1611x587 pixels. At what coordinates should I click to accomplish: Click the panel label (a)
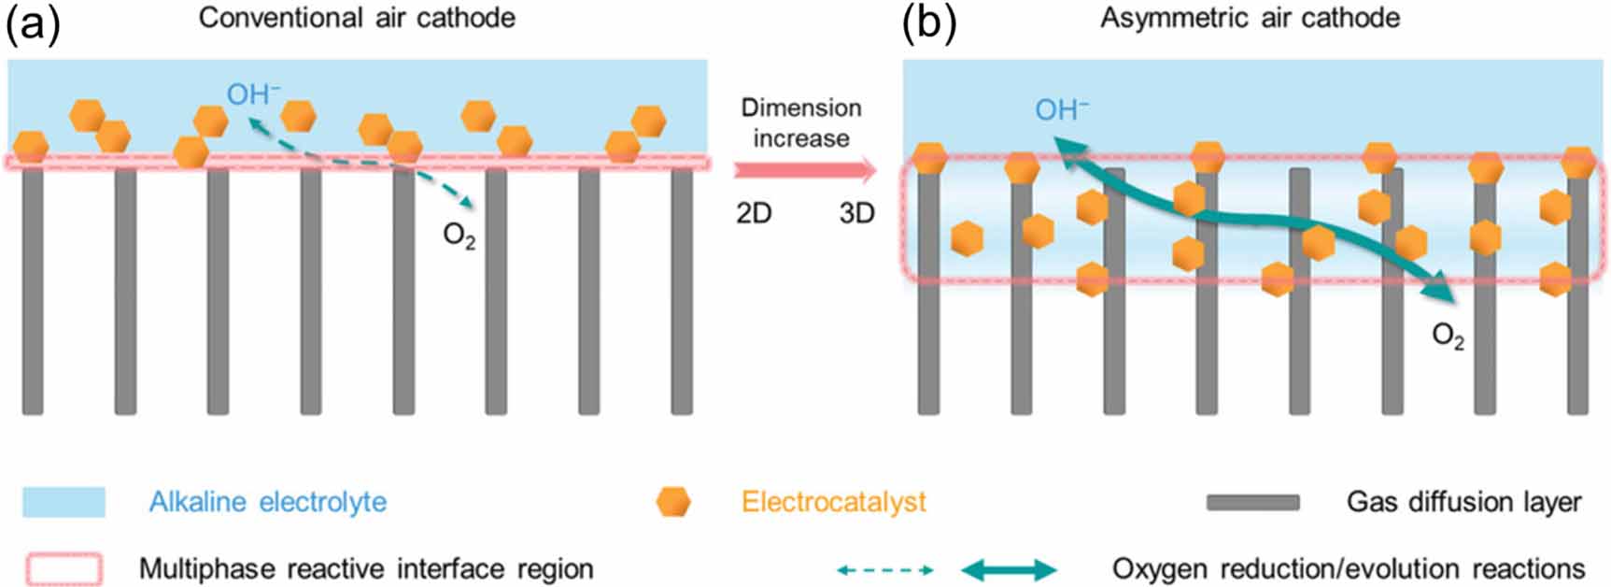pos(32,23)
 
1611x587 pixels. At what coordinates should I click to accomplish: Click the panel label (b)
pos(928,23)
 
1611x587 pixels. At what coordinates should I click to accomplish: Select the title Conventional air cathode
pos(357,18)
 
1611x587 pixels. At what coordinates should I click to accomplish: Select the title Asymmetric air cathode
pos(1250,18)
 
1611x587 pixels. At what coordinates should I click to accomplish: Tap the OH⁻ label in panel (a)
pos(253,93)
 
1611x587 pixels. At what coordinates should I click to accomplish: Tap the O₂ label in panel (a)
pos(459,236)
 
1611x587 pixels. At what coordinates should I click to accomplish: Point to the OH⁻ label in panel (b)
pos(1061,110)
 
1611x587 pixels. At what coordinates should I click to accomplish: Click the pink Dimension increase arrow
pos(804,170)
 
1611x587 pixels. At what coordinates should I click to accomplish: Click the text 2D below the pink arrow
pos(754,213)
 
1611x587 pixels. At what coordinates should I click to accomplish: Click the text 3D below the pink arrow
pos(855,213)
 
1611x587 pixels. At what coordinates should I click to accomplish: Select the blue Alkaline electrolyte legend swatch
pos(64,502)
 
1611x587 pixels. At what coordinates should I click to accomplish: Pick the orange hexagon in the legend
pos(672,502)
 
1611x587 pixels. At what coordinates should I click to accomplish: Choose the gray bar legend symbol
pos(1251,503)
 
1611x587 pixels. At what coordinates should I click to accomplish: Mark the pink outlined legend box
pos(64,568)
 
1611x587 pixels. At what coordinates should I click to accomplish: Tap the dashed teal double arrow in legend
pos(883,569)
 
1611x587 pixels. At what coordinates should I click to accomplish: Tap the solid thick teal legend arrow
pos(1009,569)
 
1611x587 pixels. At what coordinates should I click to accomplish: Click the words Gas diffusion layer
pos(1463,502)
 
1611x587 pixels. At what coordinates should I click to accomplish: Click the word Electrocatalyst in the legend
pos(833,502)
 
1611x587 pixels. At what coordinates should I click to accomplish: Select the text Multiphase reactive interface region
pos(366,568)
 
